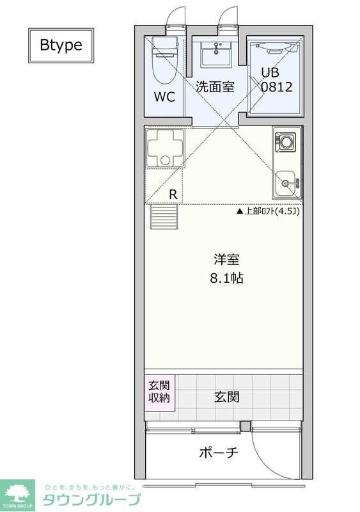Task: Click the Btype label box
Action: (x=61, y=45)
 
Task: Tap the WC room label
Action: (x=164, y=98)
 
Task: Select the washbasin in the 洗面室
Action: (x=215, y=54)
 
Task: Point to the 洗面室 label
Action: (x=215, y=87)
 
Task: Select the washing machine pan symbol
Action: (x=164, y=148)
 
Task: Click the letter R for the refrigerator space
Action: (x=173, y=194)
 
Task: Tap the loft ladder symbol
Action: (x=164, y=216)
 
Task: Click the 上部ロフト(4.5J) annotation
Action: (x=268, y=211)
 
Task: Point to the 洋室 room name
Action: (x=226, y=260)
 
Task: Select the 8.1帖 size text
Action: (x=226, y=279)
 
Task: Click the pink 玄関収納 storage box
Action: (x=159, y=391)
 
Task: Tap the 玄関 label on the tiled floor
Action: (x=226, y=397)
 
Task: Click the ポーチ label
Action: (x=219, y=452)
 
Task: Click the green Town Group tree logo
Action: (x=17, y=493)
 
